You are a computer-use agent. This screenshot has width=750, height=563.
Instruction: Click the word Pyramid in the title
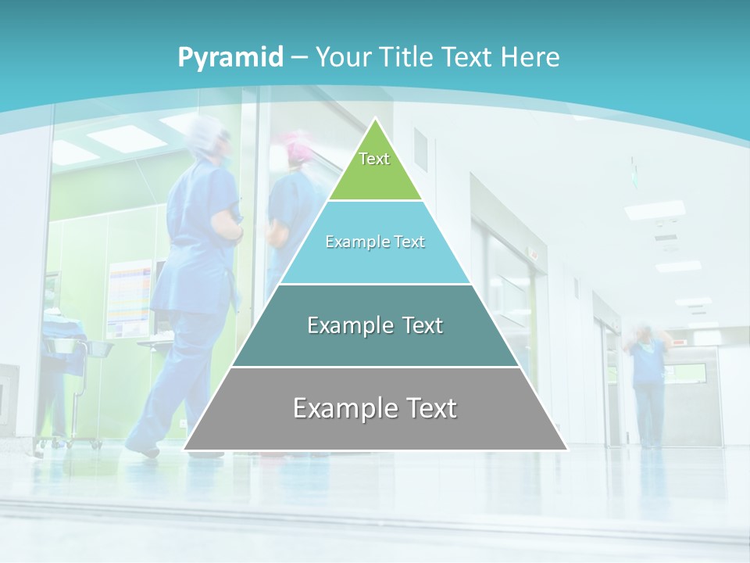click(230, 58)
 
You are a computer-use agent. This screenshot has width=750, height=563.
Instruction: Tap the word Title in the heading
click(409, 58)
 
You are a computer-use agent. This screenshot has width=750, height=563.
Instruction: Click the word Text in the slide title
click(469, 58)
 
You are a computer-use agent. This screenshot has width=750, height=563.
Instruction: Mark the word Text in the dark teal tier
click(418, 325)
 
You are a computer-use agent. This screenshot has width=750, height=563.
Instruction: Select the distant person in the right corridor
click(647, 383)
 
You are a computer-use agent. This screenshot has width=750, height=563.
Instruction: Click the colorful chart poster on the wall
click(130, 297)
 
